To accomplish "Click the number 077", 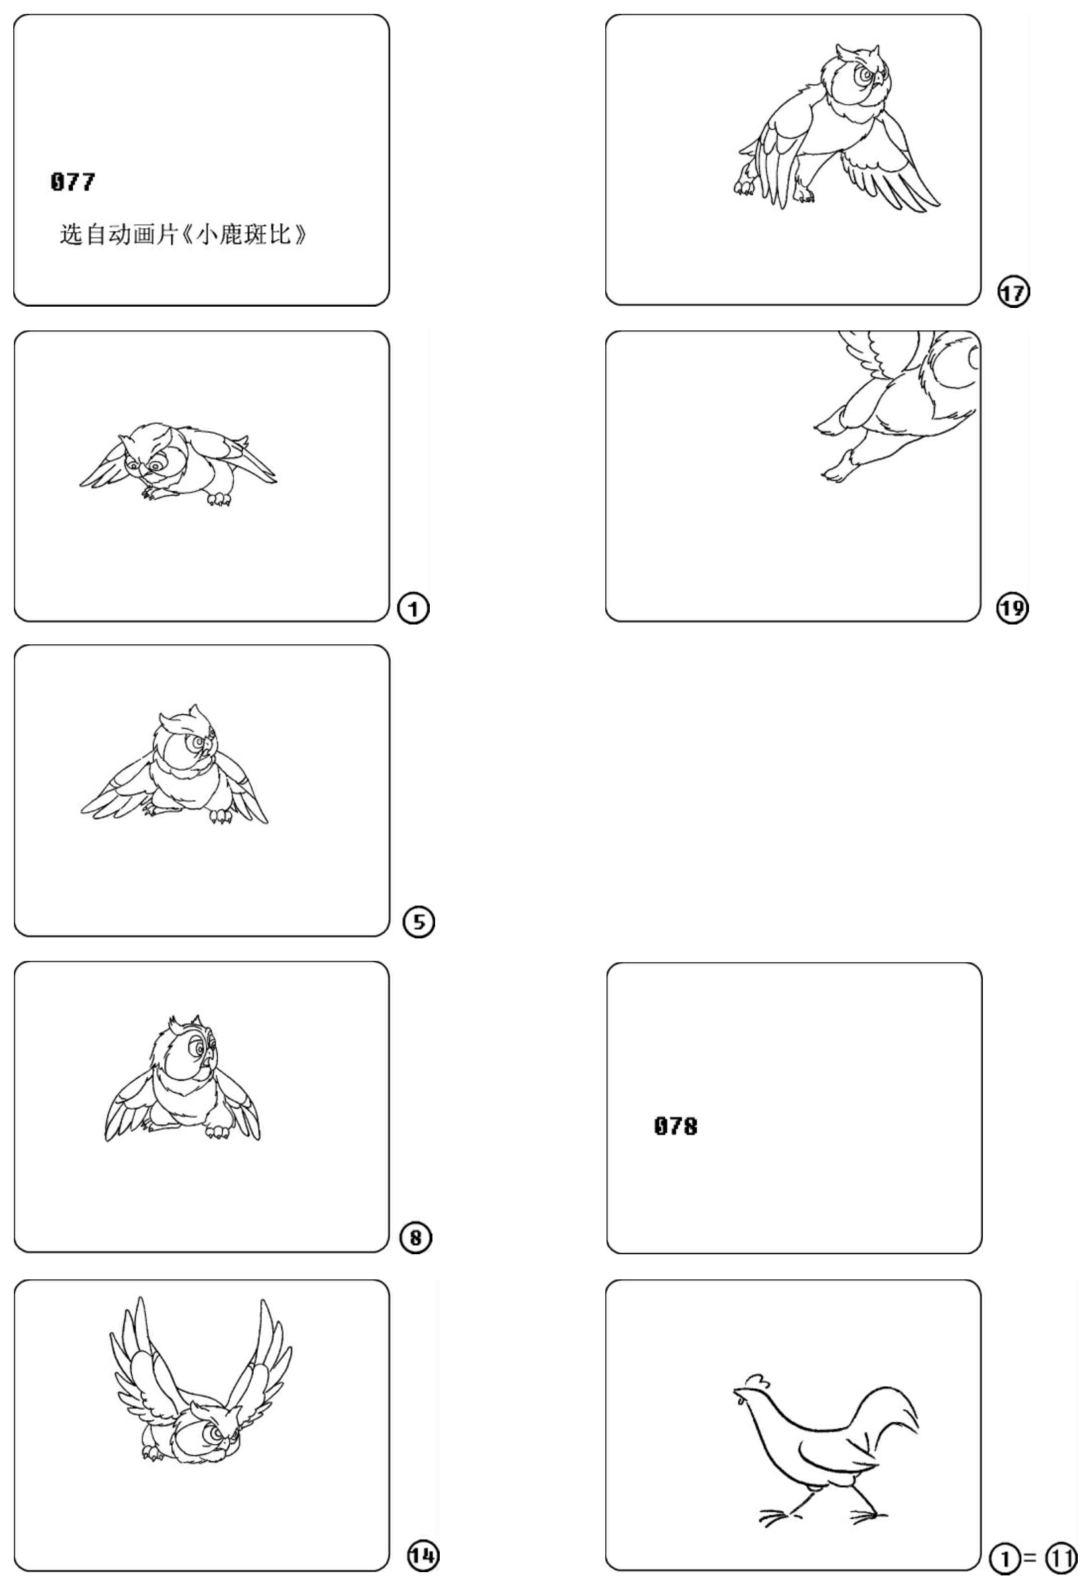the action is [x=73, y=182].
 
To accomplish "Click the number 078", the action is [x=676, y=1125].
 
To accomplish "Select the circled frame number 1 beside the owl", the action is [x=413, y=608].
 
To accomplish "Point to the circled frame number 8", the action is [x=417, y=1237].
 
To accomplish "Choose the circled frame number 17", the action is [x=1013, y=292].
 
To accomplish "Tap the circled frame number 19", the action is [x=1013, y=608].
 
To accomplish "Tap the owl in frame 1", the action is [x=179, y=465].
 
